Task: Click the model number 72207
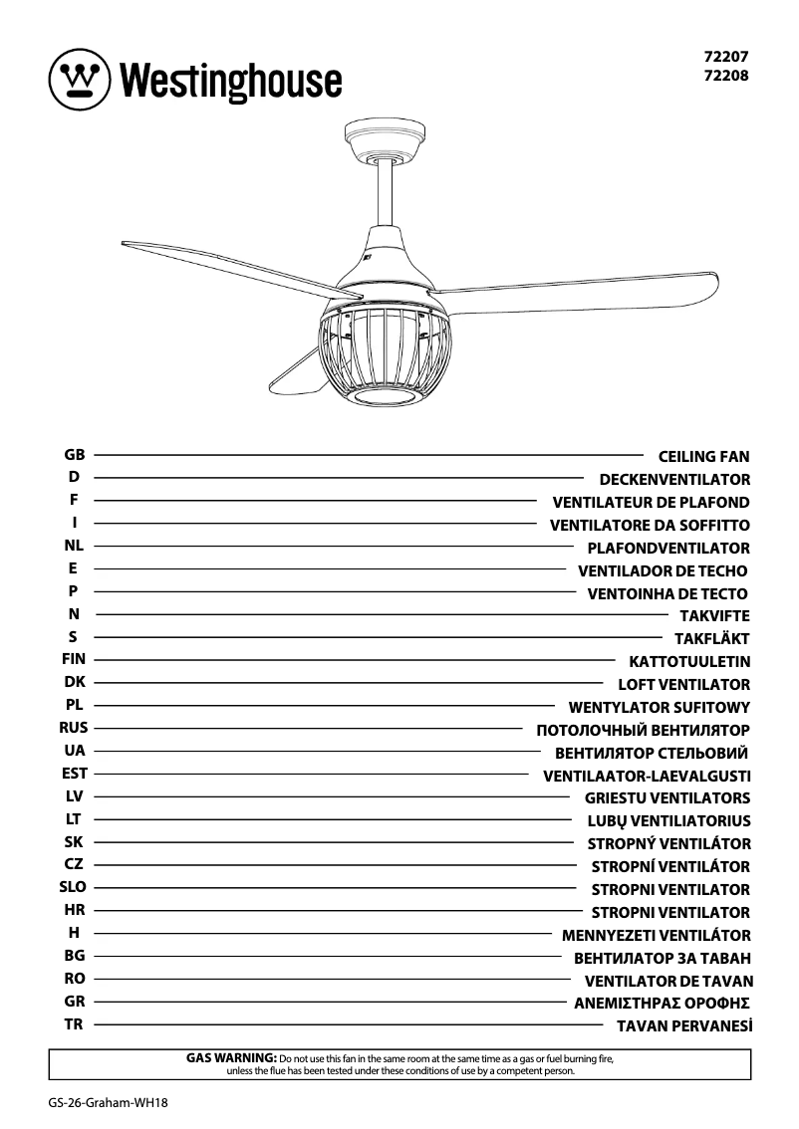click(x=726, y=58)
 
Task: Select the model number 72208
click(x=726, y=75)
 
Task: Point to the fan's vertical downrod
click(x=385, y=194)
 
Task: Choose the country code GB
click(x=74, y=455)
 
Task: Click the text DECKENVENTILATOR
click(x=674, y=480)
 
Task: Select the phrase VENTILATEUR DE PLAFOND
click(x=651, y=503)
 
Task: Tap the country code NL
click(x=74, y=546)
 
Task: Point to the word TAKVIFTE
click(x=714, y=616)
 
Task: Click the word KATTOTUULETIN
click(x=689, y=661)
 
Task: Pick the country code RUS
click(x=74, y=728)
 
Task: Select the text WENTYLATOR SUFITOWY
click(x=659, y=708)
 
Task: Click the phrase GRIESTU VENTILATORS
click(x=667, y=798)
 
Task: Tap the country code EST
click(x=74, y=773)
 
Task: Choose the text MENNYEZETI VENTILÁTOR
click(x=656, y=936)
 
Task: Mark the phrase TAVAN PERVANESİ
click(x=683, y=1025)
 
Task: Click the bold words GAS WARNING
click(x=231, y=1057)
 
